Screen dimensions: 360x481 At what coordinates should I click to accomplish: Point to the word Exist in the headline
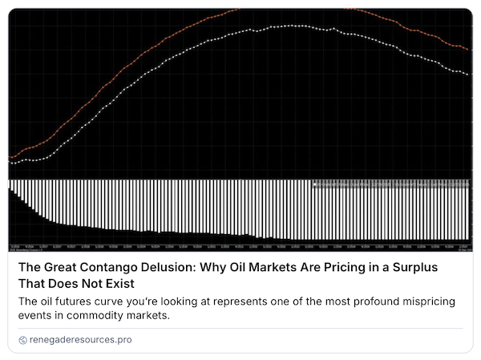click(120, 284)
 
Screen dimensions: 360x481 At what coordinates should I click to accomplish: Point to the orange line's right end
click(468, 50)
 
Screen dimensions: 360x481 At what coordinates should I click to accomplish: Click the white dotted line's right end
click(468, 75)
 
